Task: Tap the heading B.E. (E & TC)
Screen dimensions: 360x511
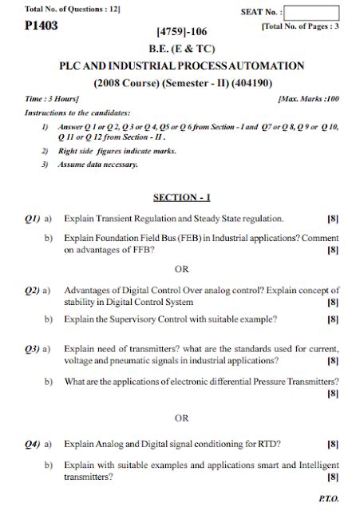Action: [x=181, y=49]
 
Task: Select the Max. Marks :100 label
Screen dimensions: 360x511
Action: [x=308, y=98]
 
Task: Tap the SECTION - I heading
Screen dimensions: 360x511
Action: [x=181, y=196]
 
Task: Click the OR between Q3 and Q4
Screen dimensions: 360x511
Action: [x=181, y=418]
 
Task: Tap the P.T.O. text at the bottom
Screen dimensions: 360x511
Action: [x=327, y=496]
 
